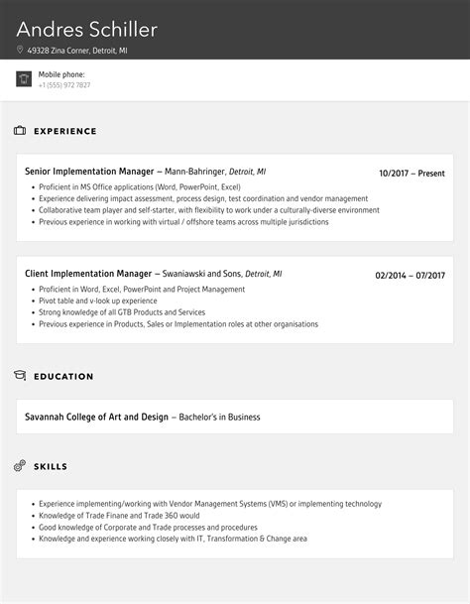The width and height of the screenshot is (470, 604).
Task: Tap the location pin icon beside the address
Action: pos(20,50)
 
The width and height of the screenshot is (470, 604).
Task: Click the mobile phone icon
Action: pos(24,79)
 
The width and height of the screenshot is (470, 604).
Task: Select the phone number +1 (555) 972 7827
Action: pos(64,85)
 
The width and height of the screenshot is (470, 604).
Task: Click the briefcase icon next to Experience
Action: pos(20,131)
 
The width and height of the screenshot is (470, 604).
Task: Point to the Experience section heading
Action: pos(65,131)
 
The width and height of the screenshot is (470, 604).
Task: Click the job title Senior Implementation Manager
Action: pos(89,172)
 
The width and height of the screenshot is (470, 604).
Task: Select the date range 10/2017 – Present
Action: pos(411,174)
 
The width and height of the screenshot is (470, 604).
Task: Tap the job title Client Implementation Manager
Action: pos(88,274)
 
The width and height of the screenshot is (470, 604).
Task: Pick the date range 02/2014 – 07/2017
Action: pos(410,276)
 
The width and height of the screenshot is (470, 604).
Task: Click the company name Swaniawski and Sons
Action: pos(202,274)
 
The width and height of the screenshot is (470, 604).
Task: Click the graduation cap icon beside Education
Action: pos(20,376)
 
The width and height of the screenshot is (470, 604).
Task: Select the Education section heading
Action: pos(63,376)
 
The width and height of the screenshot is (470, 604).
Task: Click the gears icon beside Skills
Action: pos(20,465)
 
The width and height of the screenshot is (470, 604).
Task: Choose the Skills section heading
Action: pos(51,465)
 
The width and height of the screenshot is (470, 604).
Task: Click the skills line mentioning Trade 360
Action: pos(119,516)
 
